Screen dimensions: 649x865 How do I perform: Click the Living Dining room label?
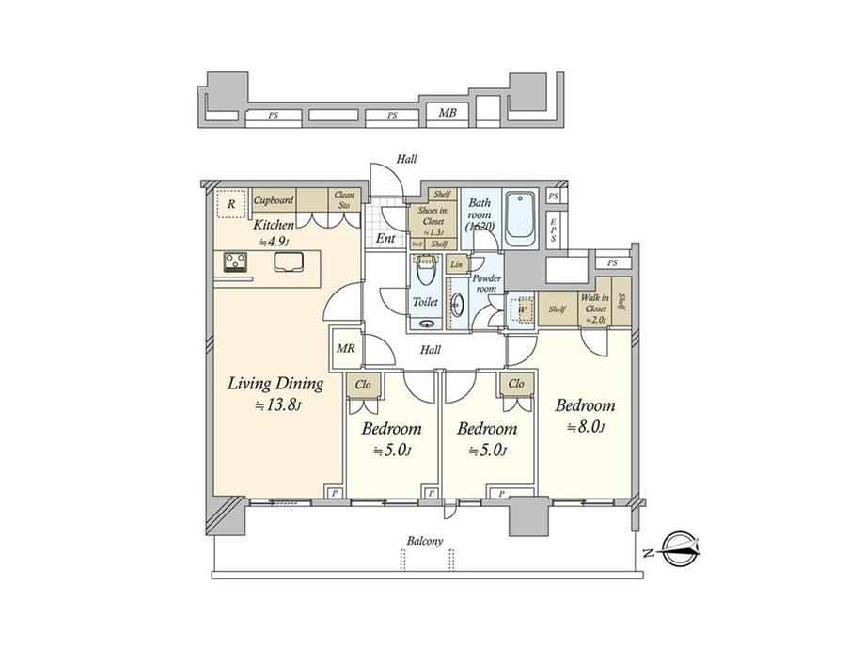(276, 384)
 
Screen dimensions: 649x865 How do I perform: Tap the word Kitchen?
(274, 225)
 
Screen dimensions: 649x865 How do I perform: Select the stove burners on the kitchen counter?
(234, 262)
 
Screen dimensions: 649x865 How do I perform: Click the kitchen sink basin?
(289, 263)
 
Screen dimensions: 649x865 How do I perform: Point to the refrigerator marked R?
(228, 201)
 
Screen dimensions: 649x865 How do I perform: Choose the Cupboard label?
(274, 200)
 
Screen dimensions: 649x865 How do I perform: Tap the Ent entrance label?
(385, 239)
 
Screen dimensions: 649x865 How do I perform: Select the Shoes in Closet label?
(432, 216)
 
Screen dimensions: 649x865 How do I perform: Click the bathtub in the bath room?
(519, 220)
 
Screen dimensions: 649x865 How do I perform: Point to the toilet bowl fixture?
(426, 274)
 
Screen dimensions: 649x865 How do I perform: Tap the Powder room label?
(486, 284)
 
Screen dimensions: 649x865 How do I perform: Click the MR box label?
(344, 348)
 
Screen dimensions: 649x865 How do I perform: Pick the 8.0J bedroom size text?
(585, 428)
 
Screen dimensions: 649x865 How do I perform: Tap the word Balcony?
(425, 542)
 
